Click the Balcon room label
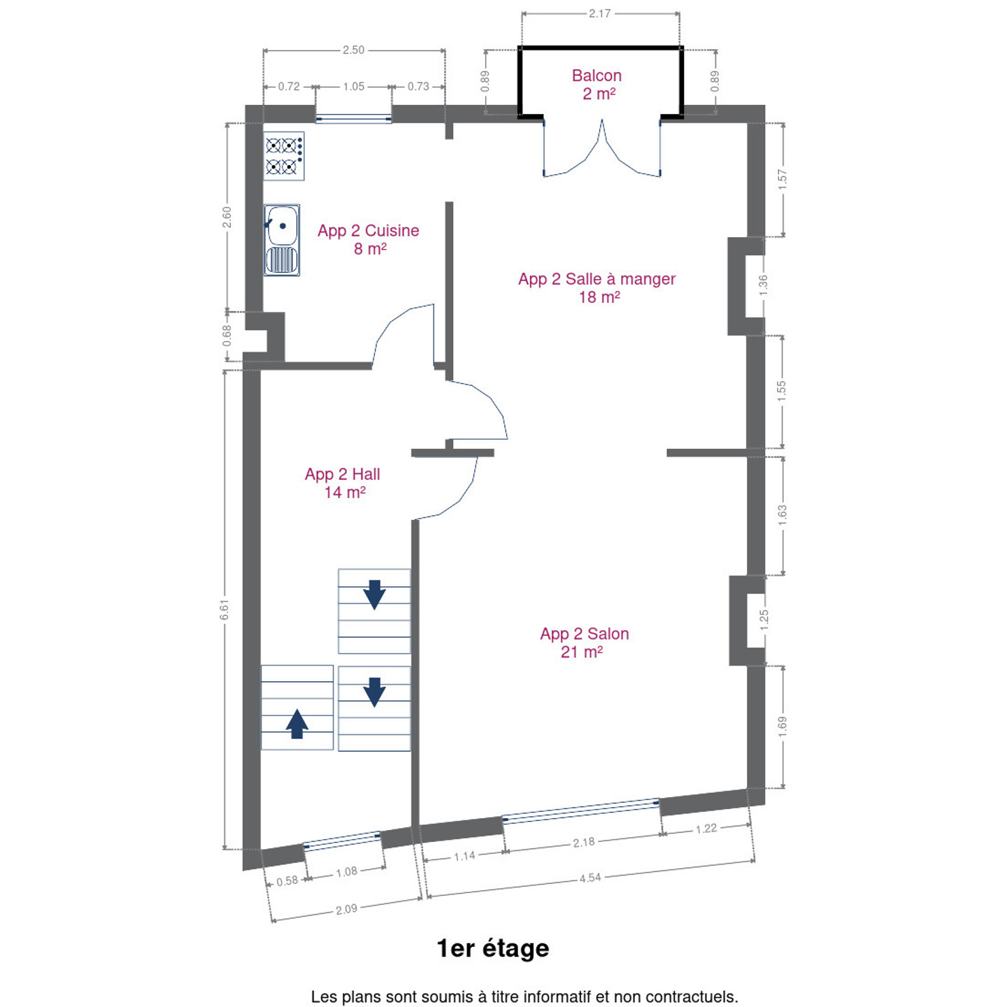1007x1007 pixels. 597,76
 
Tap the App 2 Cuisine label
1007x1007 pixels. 369,231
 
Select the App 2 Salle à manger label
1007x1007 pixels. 597,279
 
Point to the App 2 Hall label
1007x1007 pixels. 342,475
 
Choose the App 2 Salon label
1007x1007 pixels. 584,634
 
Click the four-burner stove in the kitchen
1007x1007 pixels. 284,156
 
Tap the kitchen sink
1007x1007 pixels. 282,240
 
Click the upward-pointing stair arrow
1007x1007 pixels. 297,724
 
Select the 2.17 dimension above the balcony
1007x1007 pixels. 599,13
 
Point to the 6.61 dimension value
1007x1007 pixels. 224,610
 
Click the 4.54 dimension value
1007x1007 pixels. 590,878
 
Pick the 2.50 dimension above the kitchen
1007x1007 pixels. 354,50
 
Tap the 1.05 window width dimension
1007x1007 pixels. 354,87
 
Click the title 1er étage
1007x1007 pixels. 493,948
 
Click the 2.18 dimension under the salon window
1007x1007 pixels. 584,843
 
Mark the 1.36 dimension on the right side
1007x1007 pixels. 763,285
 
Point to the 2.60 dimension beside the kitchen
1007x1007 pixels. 227,217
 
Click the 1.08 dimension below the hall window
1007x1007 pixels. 346,872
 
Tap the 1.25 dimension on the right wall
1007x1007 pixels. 764,620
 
